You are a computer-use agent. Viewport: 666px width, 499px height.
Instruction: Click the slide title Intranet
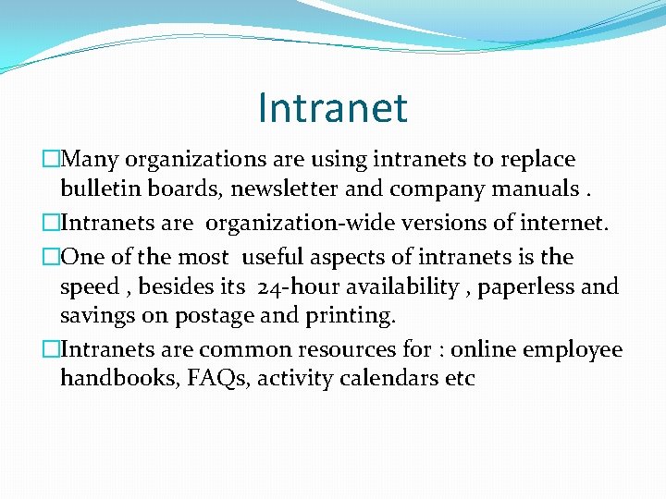pos(333,107)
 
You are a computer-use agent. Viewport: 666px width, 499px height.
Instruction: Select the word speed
pos(89,287)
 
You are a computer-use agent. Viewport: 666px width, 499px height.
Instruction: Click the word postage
pos(214,317)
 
